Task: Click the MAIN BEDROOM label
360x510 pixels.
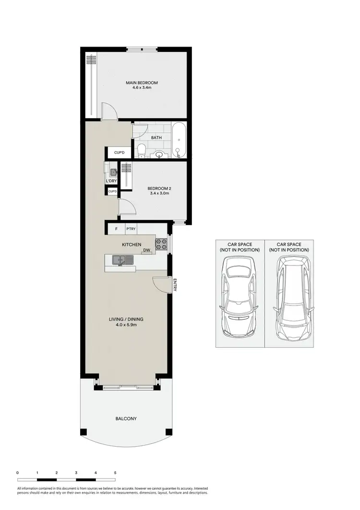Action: [142, 83]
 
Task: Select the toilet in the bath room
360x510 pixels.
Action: [142, 151]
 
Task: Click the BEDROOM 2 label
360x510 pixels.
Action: [159, 188]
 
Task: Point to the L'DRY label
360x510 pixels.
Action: [111, 181]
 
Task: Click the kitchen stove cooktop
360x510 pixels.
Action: [161, 244]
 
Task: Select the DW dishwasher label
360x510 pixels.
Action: [146, 250]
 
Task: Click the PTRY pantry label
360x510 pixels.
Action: [131, 230]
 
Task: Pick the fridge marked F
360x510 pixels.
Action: [116, 230]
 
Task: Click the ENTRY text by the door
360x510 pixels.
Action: [175, 285]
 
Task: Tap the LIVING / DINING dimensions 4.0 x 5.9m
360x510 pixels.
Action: [127, 325]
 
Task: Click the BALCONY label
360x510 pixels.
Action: [126, 419]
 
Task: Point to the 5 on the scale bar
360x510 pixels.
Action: [115, 473]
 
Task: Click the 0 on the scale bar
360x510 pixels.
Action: [18, 473]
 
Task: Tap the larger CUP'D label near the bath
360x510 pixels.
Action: [119, 153]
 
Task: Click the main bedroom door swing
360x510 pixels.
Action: [108, 111]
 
